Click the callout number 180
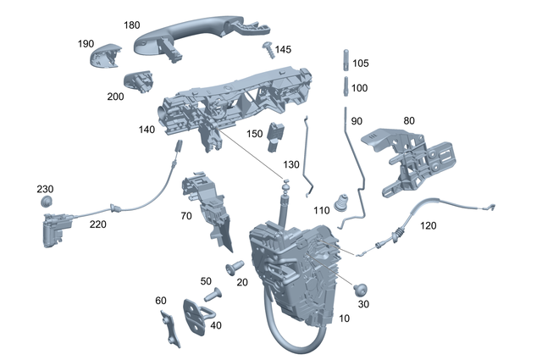[x=131, y=25]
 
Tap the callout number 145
[x=283, y=49]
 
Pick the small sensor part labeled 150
[x=274, y=134]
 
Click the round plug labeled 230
[x=48, y=202]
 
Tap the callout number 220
[x=97, y=225]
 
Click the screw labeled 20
[x=232, y=269]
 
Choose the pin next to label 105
[x=346, y=61]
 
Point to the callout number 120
[x=429, y=226]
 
